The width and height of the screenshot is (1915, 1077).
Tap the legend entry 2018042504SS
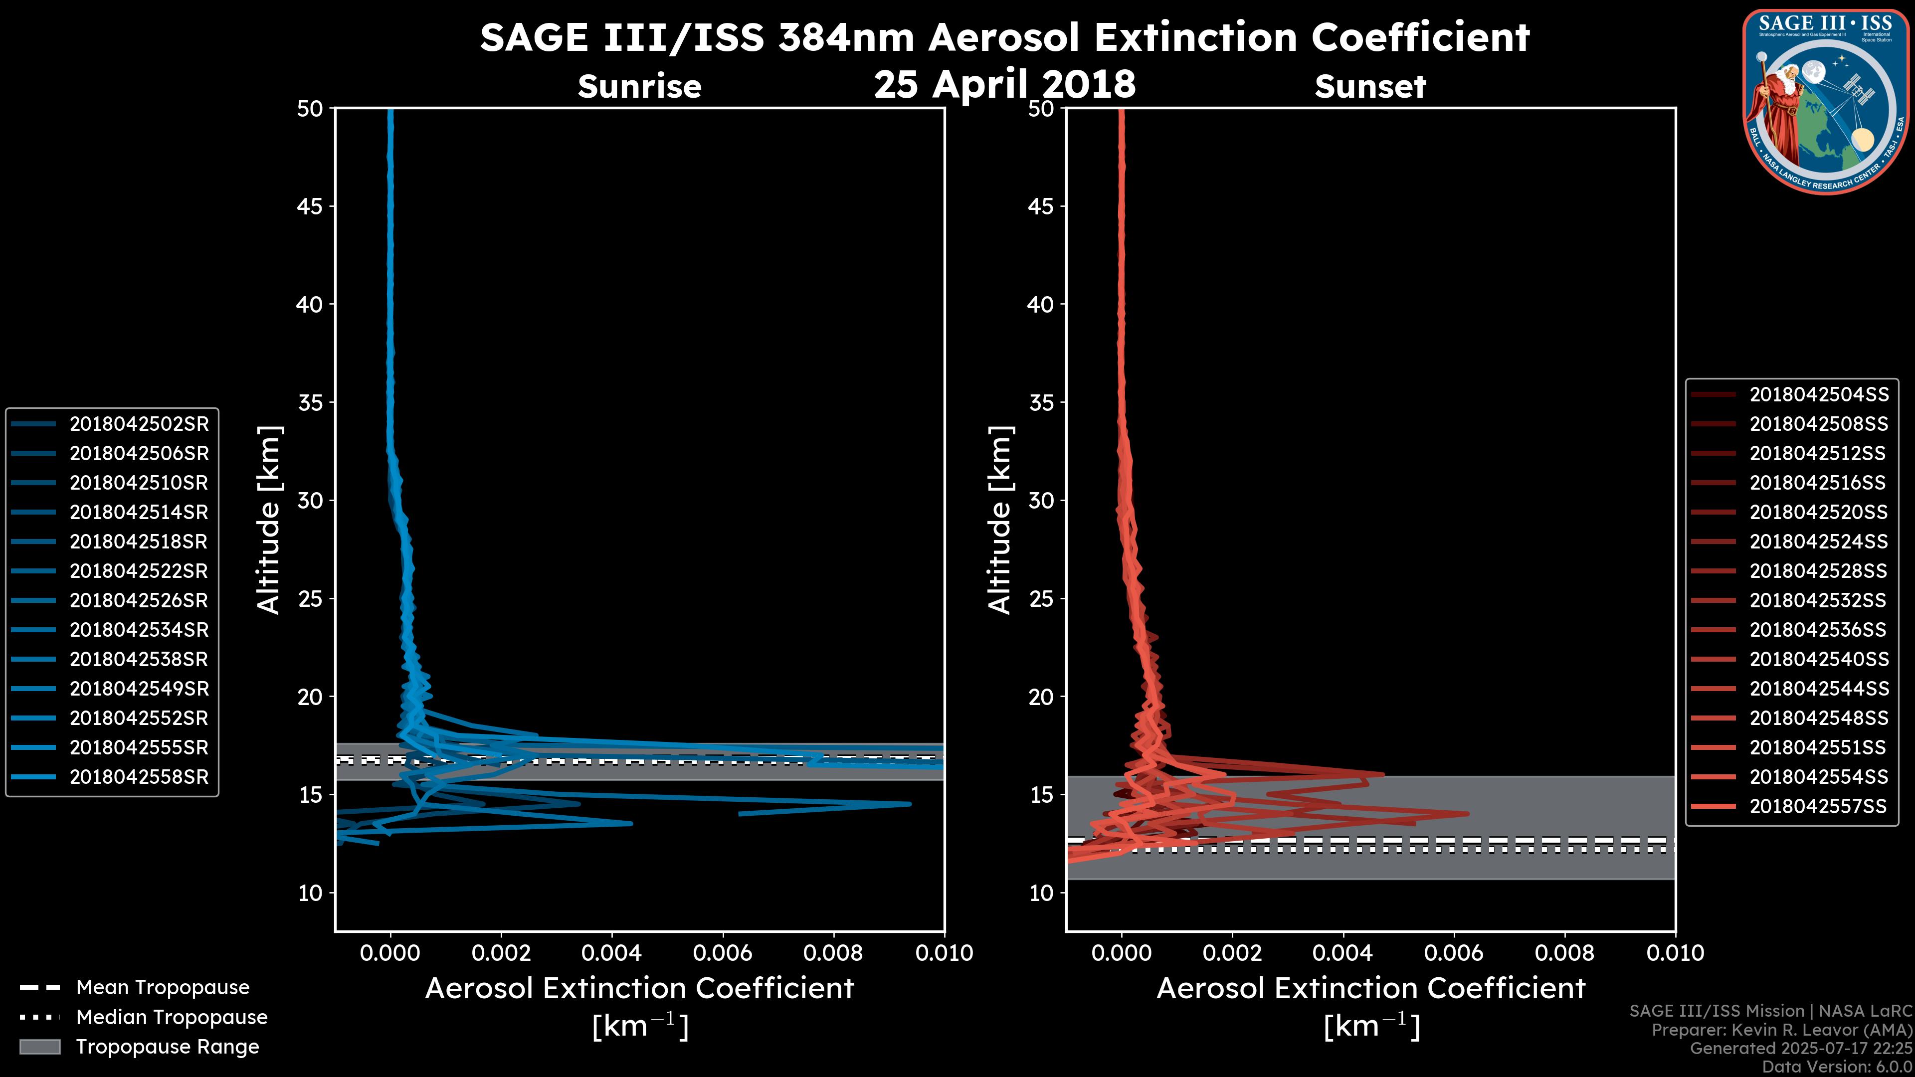(x=1818, y=394)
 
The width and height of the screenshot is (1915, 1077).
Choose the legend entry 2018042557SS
(x=1818, y=806)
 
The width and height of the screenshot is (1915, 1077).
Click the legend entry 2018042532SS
(x=1818, y=600)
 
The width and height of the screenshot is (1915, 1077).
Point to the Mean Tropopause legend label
(x=163, y=987)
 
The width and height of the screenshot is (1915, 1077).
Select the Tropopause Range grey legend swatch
(x=39, y=1047)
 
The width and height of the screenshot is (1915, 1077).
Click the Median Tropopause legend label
(x=172, y=1017)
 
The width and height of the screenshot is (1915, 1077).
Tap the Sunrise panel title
(x=639, y=86)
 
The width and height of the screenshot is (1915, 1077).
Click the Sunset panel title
(x=1369, y=86)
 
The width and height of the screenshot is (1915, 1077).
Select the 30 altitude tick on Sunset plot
(x=1041, y=500)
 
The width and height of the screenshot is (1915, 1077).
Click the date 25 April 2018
(x=1004, y=84)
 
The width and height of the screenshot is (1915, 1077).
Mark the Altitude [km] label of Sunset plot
(x=1000, y=520)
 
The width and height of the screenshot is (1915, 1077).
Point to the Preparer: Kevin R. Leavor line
(x=1782, y=1030)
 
